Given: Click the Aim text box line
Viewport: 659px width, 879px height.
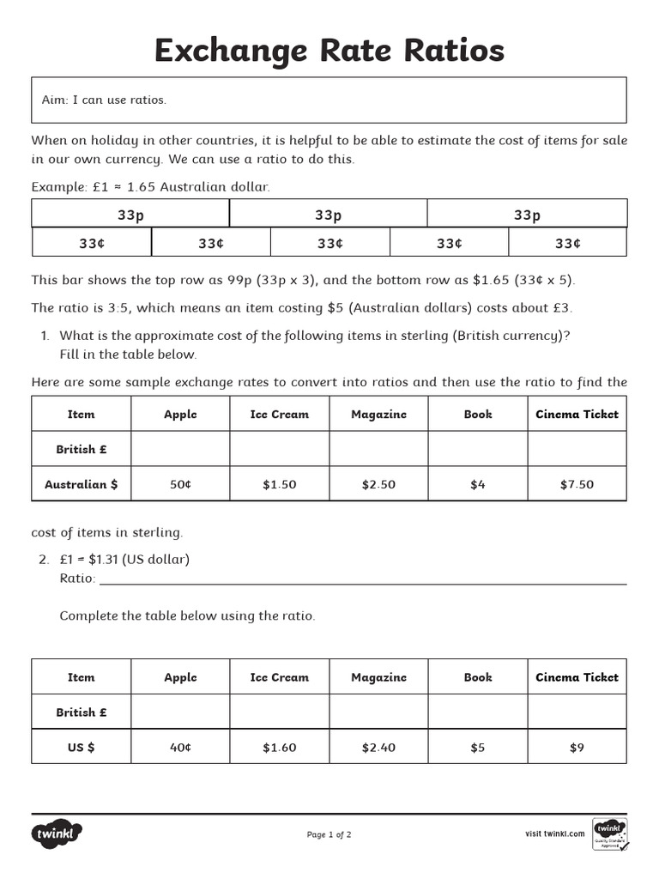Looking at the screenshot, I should (105, 100).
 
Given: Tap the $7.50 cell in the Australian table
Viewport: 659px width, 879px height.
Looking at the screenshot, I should (577, 484).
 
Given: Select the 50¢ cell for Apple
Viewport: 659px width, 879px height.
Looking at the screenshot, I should (180, 484).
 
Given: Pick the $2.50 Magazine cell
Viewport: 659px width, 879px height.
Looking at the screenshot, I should (378, 484).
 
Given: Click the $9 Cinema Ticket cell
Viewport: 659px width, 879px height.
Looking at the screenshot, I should (577, 748).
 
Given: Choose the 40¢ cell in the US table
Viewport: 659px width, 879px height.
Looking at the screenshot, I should (180, 748).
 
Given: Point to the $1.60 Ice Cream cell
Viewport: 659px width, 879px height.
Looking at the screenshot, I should (280, 748).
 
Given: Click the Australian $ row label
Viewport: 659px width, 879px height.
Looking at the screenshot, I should (82, 484).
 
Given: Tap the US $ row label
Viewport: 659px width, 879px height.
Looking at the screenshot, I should (82, 748).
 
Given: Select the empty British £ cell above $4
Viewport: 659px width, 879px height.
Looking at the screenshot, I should (478, 449).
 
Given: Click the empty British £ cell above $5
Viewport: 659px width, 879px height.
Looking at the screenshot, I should (478, 712).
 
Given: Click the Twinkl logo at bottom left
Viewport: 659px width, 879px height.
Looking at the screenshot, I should (57, 834).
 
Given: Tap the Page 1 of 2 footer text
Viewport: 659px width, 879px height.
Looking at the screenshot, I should (329, 834).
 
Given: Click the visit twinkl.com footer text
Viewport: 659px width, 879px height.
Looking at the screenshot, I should (554, 834).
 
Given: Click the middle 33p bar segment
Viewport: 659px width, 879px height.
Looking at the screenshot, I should (329, 215).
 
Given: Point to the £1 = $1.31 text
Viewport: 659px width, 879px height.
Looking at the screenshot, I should (124, 560).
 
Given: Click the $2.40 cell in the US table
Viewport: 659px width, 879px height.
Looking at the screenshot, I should (378, 748).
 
